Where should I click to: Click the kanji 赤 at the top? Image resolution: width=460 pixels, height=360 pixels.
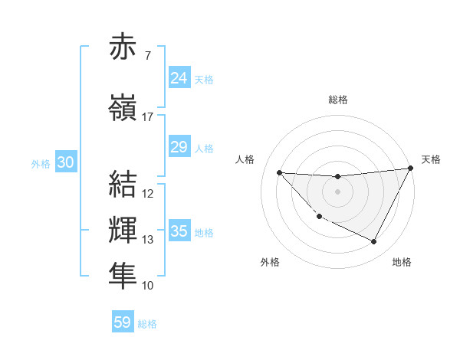pyautogui.click(x=123, y=47)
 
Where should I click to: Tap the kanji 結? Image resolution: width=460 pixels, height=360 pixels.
pyautogui.click(x=123, y=184)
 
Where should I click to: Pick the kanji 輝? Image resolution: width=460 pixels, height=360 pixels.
pyautogui.click(x=123, y=231)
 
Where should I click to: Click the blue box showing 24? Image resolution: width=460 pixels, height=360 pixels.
pyautogui.click(x=179, y=78)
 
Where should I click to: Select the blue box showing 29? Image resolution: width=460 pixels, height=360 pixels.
pyautogui.click(x=179, y=147)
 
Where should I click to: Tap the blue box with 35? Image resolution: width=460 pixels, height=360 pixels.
pyautogui.click(x=179, y=231)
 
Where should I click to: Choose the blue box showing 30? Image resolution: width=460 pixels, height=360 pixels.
pyautogui.click(x=65, y=162)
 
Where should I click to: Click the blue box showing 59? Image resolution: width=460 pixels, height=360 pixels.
pyautogui.click(x=123, y=322)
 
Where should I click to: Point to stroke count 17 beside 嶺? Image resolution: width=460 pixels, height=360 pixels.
pyautogui.click(x=147, y=117)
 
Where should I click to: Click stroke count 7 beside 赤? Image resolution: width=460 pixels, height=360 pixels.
pyautogui.click(x=147, y=55)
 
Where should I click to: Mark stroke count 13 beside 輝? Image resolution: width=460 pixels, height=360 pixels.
pyautogui.click(x=147, y=240)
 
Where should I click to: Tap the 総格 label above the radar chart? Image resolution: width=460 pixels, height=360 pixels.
pyautogui.click(x=337, y=100)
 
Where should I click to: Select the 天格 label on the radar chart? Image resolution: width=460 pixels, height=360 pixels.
pyautogui.click(x=431, y=159)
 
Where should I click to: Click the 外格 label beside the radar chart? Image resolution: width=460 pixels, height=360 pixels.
pyautogui.click(x=270, y=262)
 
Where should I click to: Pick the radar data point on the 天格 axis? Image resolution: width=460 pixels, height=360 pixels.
pyautogui.click(x=411, y=169)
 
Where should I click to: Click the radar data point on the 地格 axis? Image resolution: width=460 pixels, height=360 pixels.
pyautogui.click(x=374, y=242)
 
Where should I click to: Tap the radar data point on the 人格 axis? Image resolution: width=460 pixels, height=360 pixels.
pyautogui.click(x=279, y=172)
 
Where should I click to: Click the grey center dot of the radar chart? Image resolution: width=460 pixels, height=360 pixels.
pyautogui.click(x=337, y=191)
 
